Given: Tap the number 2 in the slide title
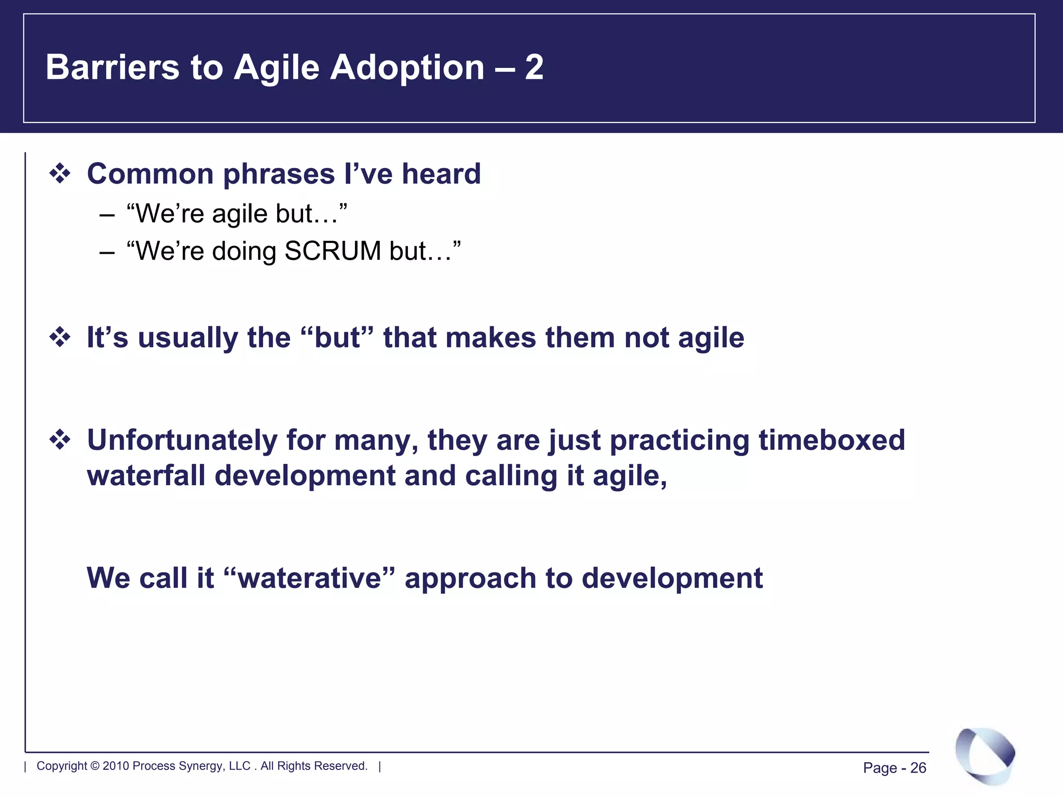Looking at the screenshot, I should click(534, 67).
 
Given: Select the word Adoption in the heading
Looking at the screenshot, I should click(407, 68).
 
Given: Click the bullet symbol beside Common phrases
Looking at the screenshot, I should click(60, 173).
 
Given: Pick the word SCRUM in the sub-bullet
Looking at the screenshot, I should click(333, 251).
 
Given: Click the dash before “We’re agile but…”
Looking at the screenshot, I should click(106, 214).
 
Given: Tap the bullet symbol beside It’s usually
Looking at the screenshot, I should click(60, 337).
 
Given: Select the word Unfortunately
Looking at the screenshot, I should click(182, 440).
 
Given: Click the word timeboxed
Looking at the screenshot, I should click(832, 440).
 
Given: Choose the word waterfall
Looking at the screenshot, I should click(146, 476).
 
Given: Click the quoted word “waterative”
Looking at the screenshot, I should click(310, 578).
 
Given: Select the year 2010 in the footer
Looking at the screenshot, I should click(116, 766).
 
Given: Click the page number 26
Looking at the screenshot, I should click(918, 768).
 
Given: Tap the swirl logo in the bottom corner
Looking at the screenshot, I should click(985, 755).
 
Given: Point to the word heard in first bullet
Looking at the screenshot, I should click(441, 173).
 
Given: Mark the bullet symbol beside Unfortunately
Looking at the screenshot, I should click(60, 440).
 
